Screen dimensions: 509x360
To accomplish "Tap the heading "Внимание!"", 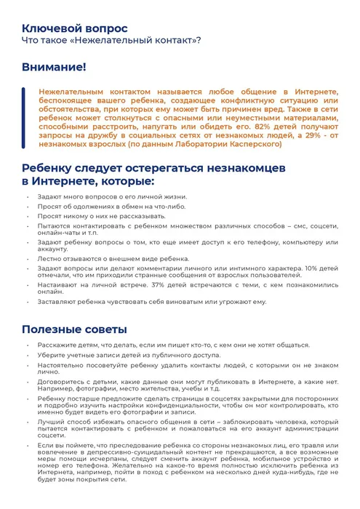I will (53, 67).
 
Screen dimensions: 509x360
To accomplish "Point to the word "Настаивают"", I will (56, 285).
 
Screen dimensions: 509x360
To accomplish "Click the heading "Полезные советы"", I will (74, 329).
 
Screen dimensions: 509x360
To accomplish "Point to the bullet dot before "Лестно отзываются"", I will (28, 259).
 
